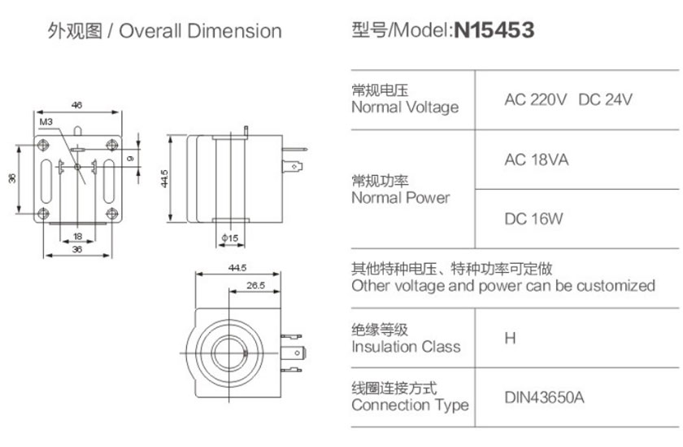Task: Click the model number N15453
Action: click(x=494, y=30)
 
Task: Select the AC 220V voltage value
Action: click(x=535, y=100)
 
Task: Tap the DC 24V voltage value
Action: click(x=605, y=100)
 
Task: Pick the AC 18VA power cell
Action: click(x=536, y=160)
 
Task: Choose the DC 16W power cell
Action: click(x=533, y=219)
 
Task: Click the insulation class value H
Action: click(x=510, y=338)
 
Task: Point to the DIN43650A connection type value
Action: click(x=544, y=397)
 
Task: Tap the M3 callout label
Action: click(x=46, y=121)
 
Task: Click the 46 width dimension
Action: click(x=76, y=105)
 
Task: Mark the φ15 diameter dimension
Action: click(x=229, y=238)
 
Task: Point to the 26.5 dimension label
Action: click(x=255, y=285)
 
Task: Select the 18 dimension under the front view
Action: click(x=77, y=236)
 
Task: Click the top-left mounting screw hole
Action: click(x=43, y=144)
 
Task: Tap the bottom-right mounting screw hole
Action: click(x=112, y=213)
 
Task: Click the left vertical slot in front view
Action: click(x=46, y=181)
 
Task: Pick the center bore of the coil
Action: click(x=229, y=353)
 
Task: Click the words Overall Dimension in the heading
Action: click(x=200, y=31)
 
